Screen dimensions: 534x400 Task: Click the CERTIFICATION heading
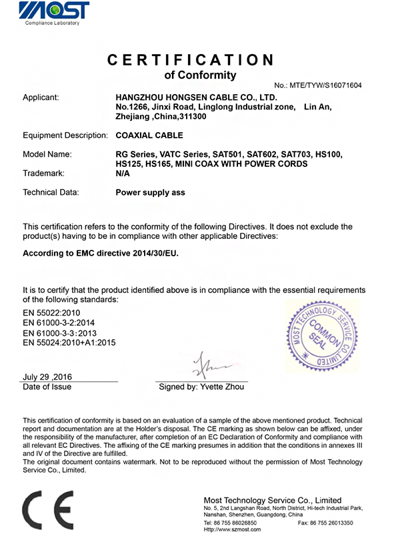point(191,59)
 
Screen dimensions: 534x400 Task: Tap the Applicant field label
point(41,97)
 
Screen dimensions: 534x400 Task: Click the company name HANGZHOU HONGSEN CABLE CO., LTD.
point(196,97)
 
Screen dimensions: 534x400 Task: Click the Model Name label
point(47,155)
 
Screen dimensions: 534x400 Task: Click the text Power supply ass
point(151,192)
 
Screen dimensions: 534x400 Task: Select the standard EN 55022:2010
point(52,311)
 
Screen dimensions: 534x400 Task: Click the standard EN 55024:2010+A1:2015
point(69,343)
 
